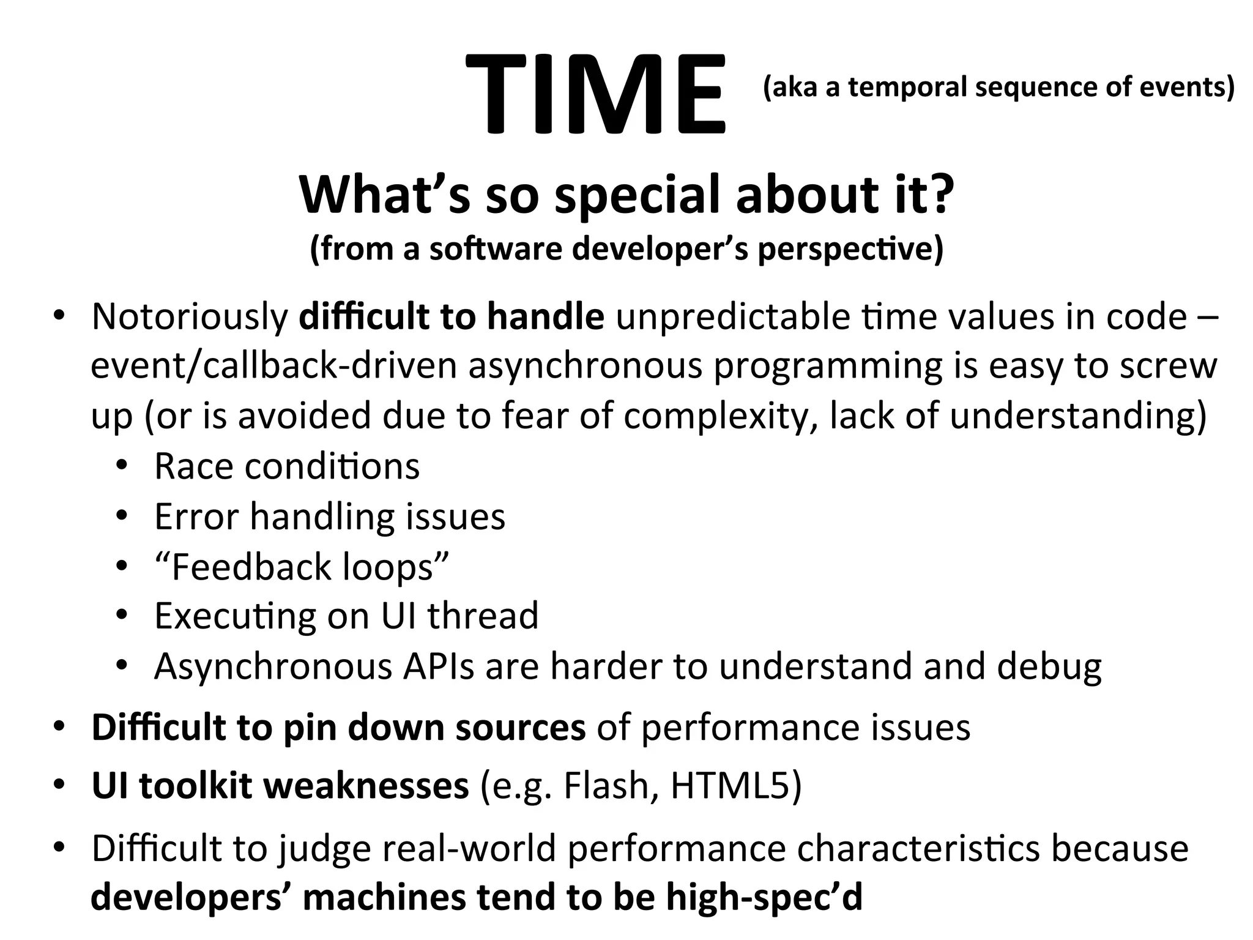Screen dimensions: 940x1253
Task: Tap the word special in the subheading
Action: point(639,194)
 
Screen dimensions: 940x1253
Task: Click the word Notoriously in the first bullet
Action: point(190,317)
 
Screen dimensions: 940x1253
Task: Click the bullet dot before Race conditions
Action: point(122,466)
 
